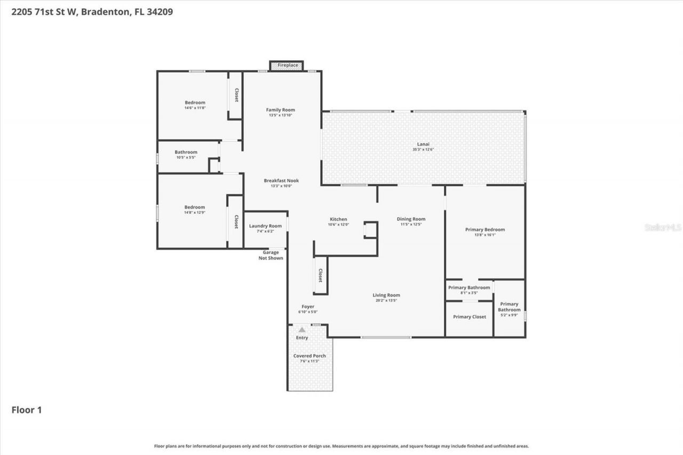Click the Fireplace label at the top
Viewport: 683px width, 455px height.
288,65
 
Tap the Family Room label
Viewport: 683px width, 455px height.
280,110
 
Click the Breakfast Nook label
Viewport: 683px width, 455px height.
281,181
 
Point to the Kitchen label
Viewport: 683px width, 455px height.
338,219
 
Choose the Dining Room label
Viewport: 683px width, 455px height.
411,219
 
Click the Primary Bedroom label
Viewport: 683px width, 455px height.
485,229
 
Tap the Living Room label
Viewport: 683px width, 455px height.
386,295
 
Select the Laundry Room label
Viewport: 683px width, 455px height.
265,226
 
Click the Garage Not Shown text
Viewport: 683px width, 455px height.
271,255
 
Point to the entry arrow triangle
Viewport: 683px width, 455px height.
302,330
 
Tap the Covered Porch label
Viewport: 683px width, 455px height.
309,356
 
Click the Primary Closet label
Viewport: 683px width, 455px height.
470,317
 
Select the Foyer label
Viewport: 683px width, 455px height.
308,307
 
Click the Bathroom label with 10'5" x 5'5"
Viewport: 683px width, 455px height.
186,152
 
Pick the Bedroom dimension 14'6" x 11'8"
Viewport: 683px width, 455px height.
195,108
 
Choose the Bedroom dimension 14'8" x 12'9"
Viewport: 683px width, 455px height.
195,212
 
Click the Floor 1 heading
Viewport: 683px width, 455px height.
27,410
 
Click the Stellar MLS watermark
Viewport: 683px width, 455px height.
663,227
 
